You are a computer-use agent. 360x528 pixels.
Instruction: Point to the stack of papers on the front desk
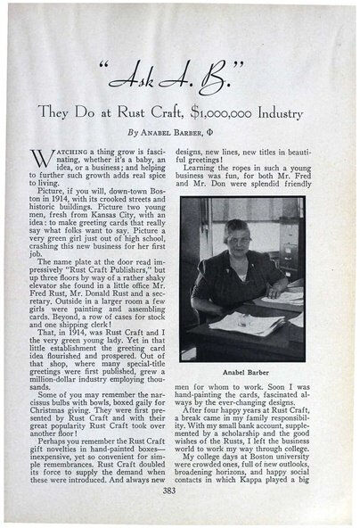click(245, 322)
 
